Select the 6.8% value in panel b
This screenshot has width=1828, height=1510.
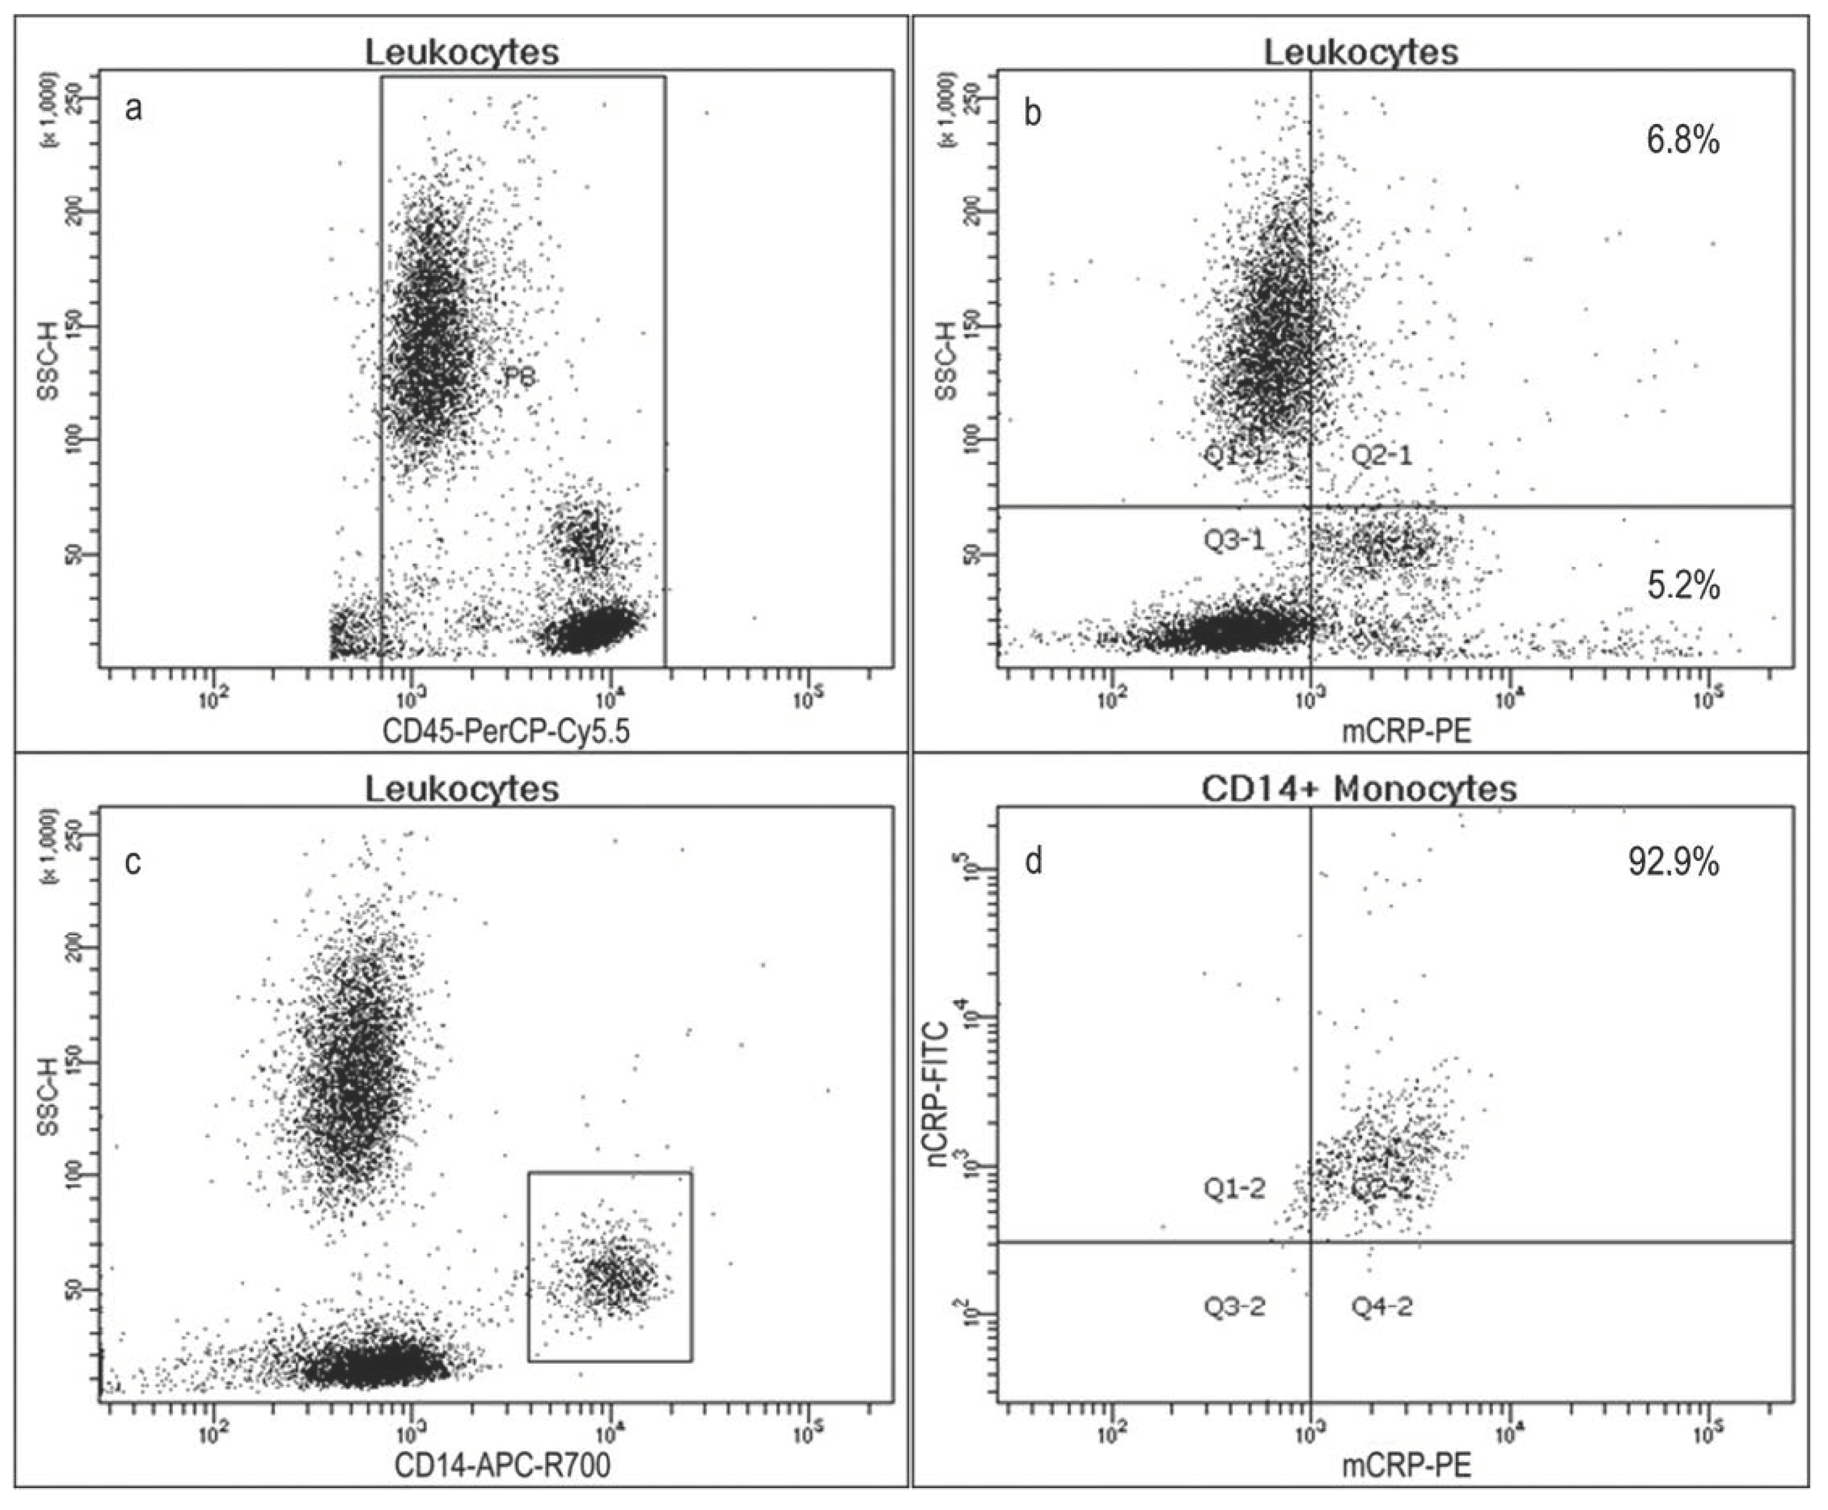pyautogui.click(x=1682, y=140)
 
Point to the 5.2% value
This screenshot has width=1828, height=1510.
pyautogui.click(x=1683, y=586)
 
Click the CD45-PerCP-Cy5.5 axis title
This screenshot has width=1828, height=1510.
pyautogui.click(x=506, y=731)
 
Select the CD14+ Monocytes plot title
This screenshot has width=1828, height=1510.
pyautogui.click(x=1359, y=789)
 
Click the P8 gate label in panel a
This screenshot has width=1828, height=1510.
pyautogui.click(x=519, y=378)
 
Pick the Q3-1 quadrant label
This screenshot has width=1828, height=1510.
pyautogui.click(x=1234, y=540)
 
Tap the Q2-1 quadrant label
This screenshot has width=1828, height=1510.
pyautogui.click(x=1381, y=454)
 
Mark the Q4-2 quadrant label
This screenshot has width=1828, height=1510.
pyautogui.click(x=1381, y=1306)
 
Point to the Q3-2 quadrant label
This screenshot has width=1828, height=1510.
pyautogui.click(x=1234, y=1306)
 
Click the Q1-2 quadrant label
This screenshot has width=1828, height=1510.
pyautogui.click(x=1234, y=1189)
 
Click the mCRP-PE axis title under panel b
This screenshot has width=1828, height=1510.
pyautogui.click(x=1406, y=731)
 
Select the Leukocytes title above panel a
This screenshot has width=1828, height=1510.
pyautogui.click(x=461, y=52)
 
